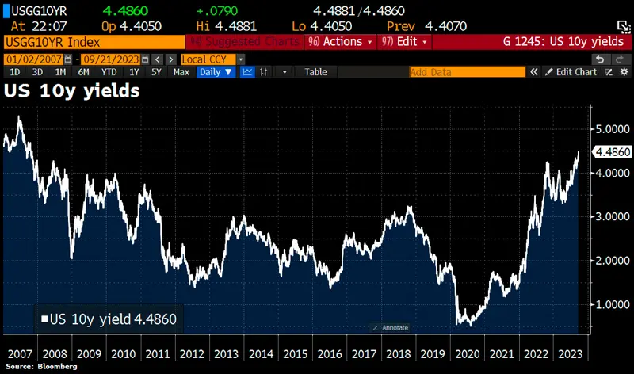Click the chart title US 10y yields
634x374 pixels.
(71, 91)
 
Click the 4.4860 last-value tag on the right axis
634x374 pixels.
(612, 152)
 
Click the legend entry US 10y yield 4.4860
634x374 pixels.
(109, 320)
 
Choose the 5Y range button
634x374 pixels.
(157, 72)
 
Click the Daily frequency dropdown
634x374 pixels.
(216, 72)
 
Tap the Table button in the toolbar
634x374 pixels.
(315, 72)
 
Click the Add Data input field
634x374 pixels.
(466, 72)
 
